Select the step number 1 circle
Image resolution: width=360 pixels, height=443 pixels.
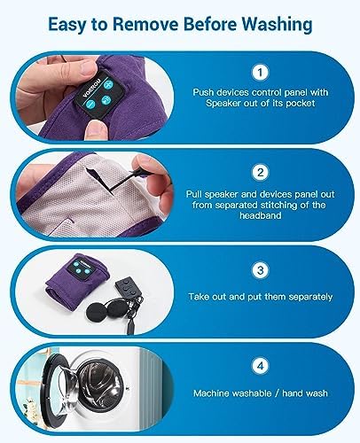[260, 73]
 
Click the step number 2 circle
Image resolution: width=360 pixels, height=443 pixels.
[260, 172]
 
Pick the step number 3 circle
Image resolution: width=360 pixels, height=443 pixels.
[260, 270]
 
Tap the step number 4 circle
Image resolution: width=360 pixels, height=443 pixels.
[260, 367]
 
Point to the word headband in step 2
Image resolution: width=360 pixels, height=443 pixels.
[261, 215]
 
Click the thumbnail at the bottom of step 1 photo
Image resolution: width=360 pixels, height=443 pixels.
[96, 131]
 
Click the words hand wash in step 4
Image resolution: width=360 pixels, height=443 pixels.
[305, 393]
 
